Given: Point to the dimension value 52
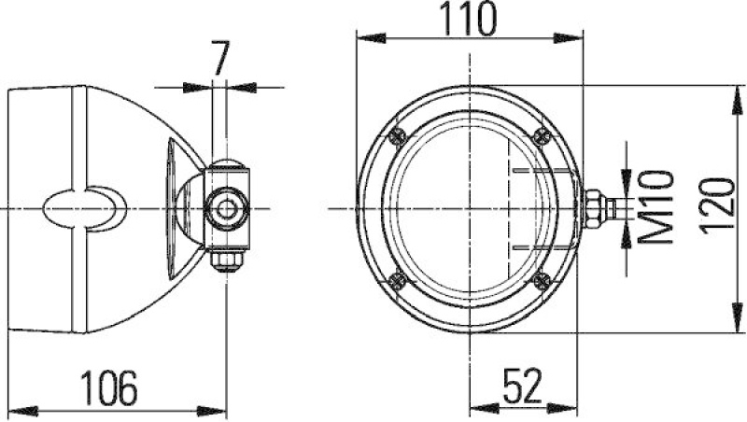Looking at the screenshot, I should (524, 385).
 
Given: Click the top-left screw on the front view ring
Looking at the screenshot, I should (399, 135).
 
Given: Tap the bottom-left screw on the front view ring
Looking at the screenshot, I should (399, 276).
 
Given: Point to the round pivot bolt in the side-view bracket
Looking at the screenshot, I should (226, 206).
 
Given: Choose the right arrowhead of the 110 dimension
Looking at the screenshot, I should (573, 38).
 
